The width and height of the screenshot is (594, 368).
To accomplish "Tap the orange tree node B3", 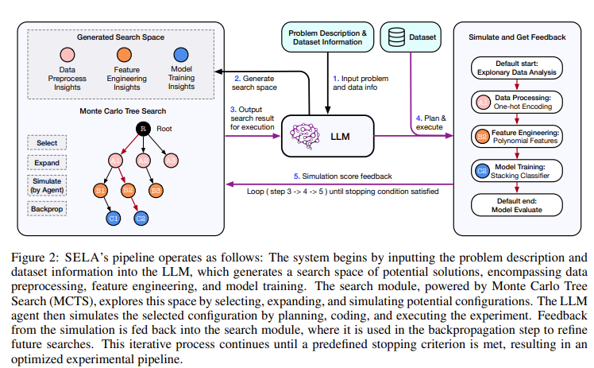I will [156, 191].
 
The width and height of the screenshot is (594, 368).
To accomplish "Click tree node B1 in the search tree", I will [101, 191].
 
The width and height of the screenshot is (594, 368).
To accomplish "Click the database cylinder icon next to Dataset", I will [395, 37].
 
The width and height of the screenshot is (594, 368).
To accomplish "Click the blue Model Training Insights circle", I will [181, 58].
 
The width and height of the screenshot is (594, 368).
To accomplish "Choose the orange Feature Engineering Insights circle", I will [125, 58].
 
